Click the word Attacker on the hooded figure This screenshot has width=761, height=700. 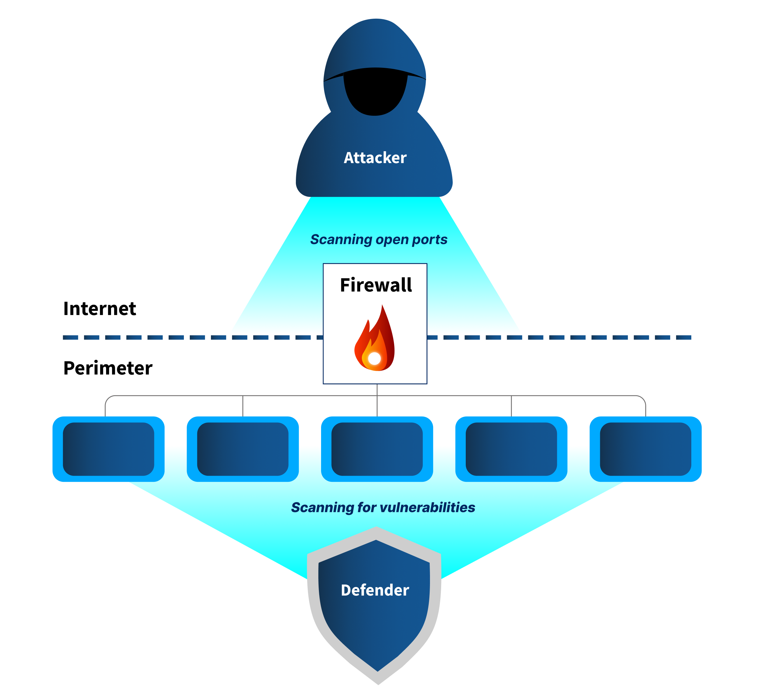tap(375, 157)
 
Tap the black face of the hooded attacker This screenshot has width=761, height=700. tap(375, 95)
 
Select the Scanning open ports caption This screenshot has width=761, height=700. tap(379, 240)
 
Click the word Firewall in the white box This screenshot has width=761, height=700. tap(376, 285)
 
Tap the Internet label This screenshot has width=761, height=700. tap(100, 309)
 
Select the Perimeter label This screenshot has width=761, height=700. tap(108, 368)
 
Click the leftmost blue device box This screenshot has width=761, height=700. tap(108, 449)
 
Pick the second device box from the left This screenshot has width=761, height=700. tap(243, 449)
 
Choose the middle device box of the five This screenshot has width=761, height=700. tap(377, 449)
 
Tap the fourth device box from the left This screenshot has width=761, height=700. tap(511, 449)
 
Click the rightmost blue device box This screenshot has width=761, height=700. tap(646, 449)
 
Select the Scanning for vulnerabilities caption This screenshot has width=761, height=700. tap(383, 508)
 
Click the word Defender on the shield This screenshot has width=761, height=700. tap(375, 590)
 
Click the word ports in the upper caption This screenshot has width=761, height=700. tap(429, 240)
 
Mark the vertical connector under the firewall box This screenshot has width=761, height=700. tap(377, 400)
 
